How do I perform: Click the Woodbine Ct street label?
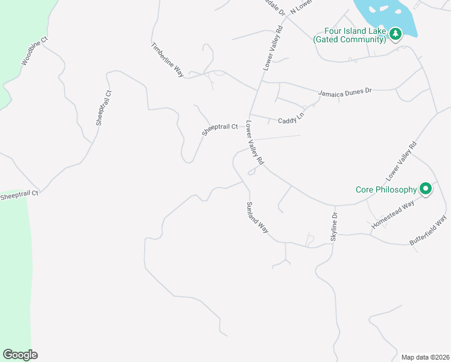click(x=34, y=52)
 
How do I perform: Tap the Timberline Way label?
click(x=167, y=59)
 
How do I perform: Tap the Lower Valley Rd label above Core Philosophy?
click(x=402, y=162)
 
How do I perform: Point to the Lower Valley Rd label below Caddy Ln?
click(x=254, y=143)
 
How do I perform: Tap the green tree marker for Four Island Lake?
click(x=395, y=34)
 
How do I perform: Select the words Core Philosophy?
click(x=386, y=189)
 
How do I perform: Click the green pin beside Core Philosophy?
click(x=426, y=189)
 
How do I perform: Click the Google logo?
click(x=20, y=355)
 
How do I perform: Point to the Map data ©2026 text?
click(x=425, y=357)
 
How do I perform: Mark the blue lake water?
click(x=386, y=12)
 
